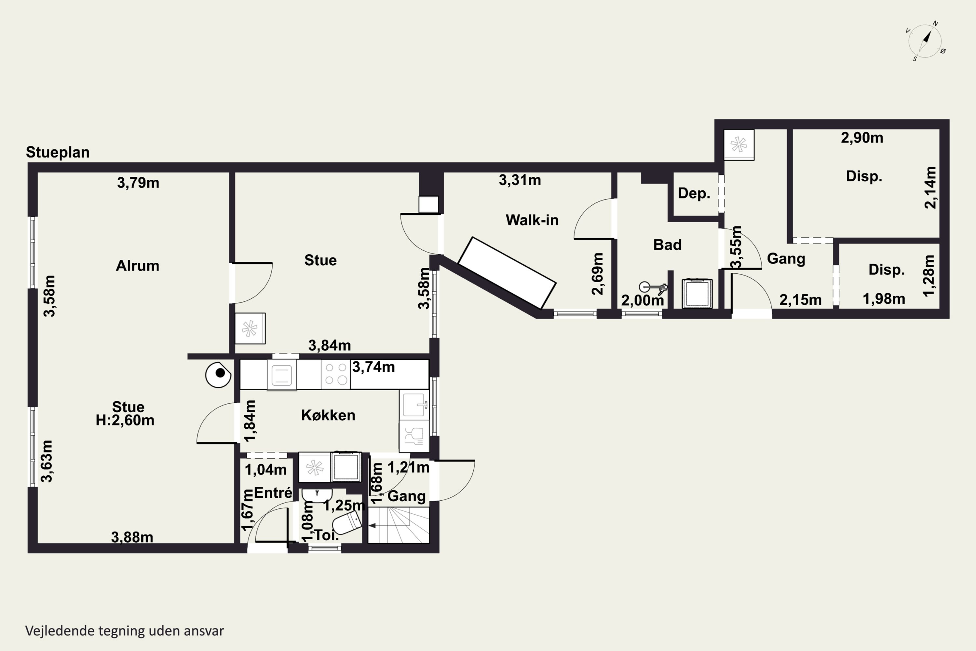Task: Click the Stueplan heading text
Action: click(x=58, y=152)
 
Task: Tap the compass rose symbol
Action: click(x=925, y=41)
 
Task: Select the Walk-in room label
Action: click(x=532, y=220)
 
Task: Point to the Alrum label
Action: click(x=137, y=266)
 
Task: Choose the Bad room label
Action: click(x=667, y=244)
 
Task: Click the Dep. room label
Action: click(x=694, y=193)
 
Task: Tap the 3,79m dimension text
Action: click(x=138, y=183)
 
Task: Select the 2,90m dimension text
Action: click(x=862, y=137)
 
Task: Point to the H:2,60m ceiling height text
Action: click(x=125, y=420)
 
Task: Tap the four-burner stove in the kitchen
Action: click(x=336, y=374)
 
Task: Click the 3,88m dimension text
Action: click(x=132, y=537)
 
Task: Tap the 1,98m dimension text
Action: click(x=884, y=298)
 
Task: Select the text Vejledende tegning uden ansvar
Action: click(x=125, y=631)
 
